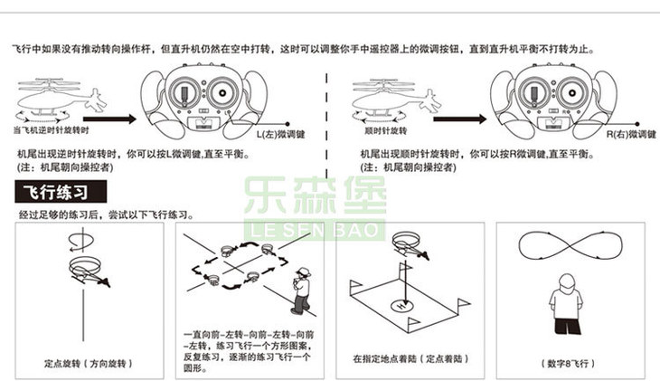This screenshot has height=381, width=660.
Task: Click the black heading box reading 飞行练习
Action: pyautogui.click(x=61, y=192)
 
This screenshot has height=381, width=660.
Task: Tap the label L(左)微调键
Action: pyautogui.click(x=281, y=135)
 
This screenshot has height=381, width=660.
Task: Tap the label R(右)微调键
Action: pyautogui.click(x=631, y=135)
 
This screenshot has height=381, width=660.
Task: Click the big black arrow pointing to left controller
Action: pyautogui.click(x=109, y=119)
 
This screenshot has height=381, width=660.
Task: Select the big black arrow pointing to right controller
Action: pyautogui.click(x=459, y=119)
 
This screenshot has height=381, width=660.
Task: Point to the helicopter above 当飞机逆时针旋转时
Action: pyautogui.click(x=61, y=98)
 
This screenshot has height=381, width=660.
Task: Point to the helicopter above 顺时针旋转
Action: pyautogui.click(x=397, y=98)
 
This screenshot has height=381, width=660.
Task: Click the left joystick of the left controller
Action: pyautogui.click(x=184, y=93)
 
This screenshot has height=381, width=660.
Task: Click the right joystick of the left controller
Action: pyautogui.click(x=222, y=92)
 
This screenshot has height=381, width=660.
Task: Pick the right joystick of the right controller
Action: pyautogui.click(x=572, y=93)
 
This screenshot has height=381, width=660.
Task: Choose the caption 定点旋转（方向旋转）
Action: pyautogui.click(x=89, y=363)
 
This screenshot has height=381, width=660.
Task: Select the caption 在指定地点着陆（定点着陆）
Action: pyautogui.click(x=410, y=359)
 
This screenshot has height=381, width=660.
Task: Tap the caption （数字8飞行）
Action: pyautogui.click(x=569, y=363)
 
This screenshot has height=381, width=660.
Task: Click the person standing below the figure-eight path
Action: pyautogui.click(x=566, y=304)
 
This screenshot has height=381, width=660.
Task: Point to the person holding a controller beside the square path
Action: pyautogui.click(x=301, y=291)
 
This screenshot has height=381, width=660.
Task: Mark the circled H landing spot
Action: pyautogui.click(x=403, y=305)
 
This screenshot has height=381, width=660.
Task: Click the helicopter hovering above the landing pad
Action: pyautogui.click(x=410, y=246)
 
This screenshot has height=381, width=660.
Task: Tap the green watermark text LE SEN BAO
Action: pyautogui.click(x=315, y=231)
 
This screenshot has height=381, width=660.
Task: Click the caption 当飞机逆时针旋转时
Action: pyautogui.click(x=52, y=130)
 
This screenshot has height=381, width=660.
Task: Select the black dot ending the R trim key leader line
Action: pyautogui.click(x=637, y=124)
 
